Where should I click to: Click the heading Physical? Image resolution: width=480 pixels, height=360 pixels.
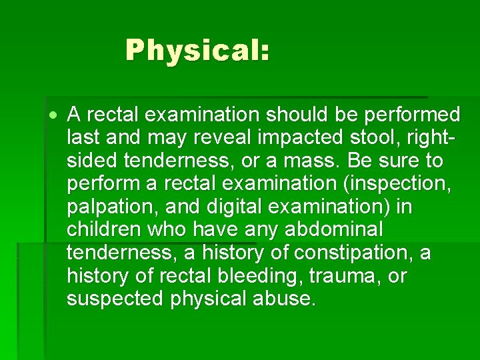(197, 51)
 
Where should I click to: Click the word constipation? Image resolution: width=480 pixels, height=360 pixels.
(353, 253)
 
